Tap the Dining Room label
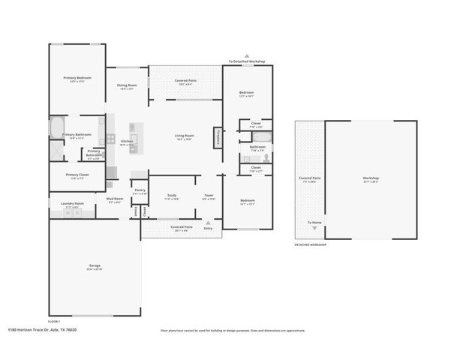(127, 85)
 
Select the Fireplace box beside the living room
(218, 136)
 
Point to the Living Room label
(185, 136)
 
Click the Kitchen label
(127, 142)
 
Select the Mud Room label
(115, 200)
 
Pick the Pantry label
(140, 190)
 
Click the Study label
(172, 196)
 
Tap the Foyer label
(209, 196)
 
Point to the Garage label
(95, 266)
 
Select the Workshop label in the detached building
(371, 178)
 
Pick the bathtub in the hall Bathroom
(264, 137)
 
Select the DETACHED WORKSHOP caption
(311, 245)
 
